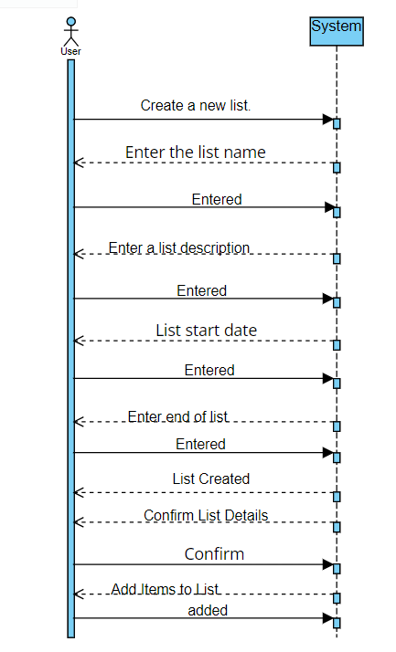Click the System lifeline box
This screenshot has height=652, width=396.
(x=337, y=27)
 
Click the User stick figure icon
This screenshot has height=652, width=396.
(x=70, y=32)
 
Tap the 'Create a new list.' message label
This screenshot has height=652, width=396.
(x=196, y=106)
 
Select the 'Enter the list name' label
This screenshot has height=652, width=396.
(x=196, y=152)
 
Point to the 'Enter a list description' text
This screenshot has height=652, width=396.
(x=179, y=247)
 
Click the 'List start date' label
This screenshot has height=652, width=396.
(x=206, y=330)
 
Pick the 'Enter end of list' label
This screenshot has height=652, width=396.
(x=177, y=416)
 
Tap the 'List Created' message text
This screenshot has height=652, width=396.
(x=210, y=478)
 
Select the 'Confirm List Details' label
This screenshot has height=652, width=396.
(x=206, y=516)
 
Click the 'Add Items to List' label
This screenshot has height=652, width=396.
(x=166, y=590)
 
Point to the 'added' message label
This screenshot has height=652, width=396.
(x=208, y=610)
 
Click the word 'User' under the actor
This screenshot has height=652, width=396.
(x=70, y=52)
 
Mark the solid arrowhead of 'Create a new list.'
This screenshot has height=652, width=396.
(x=327, y=120)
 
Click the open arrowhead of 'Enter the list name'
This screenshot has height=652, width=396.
(x=80, y=163)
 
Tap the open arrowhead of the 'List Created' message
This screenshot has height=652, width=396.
(x=80, y=493)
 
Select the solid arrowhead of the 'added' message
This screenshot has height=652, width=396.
(x=327, y=619)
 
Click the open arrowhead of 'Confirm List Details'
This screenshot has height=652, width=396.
(x=80, y=522)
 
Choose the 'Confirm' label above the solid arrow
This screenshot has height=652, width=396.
(x=214, y=553)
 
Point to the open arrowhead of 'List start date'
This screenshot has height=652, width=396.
(x=80, y=342)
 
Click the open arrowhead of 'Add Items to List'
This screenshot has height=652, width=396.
(x=80, y=594)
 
